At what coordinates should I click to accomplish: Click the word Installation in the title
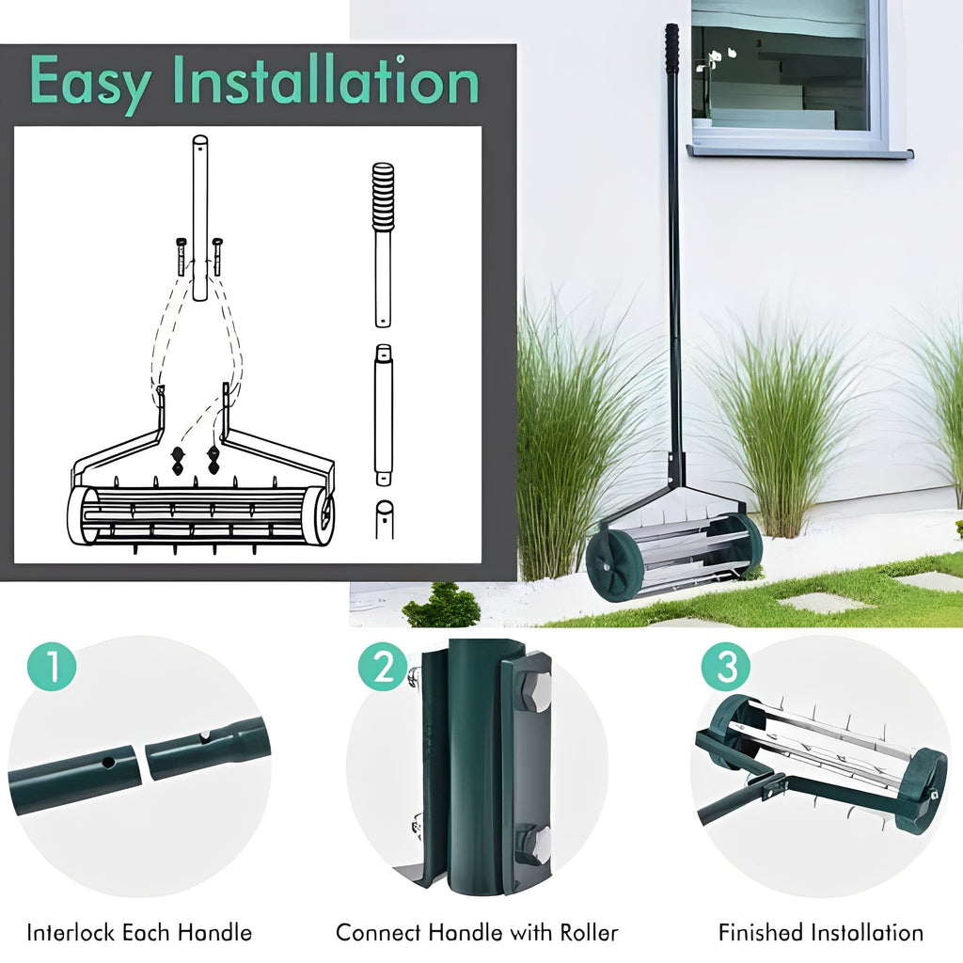tap(329, 81)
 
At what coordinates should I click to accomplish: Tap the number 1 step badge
tap(52, 668)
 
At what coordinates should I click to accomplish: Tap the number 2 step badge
tap(382, 668)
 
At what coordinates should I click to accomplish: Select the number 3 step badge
tap(726, 668)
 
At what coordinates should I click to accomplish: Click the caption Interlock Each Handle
tap(139, 933)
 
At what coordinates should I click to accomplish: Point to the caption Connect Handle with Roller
tap(477, 933)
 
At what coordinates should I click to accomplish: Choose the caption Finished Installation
tap(820, 933)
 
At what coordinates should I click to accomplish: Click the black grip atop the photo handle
tap(671, 47)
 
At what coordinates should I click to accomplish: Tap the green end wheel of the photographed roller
tap(612, 562)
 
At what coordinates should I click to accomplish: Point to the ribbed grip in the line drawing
tap(383, 197)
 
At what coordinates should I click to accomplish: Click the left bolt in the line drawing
tap(182, 256)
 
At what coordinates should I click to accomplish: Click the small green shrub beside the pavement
tap(442, 607)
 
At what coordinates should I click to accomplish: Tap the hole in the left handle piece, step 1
tap(109, 762)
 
